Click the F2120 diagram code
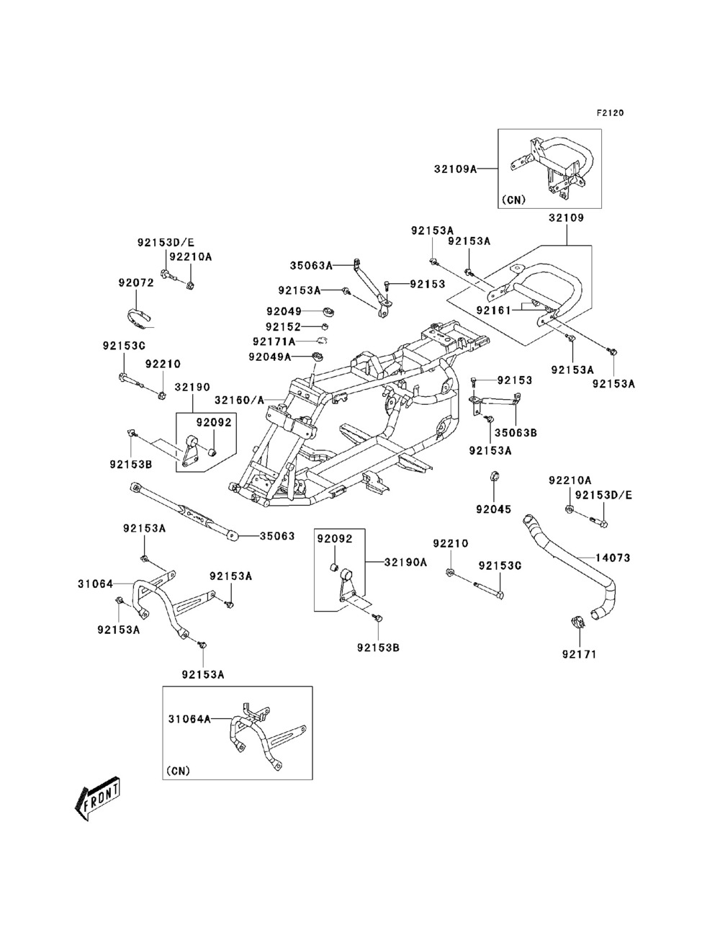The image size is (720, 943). (x=610, y=113)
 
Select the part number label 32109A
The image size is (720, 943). (x=455, y=169)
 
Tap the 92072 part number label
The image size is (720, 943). (x=136, y=283)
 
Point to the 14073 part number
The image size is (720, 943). (x=613, y=558)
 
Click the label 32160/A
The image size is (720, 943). (x=239, y=398)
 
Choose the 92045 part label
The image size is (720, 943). (x=493, y=510)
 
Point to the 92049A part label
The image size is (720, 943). (x=269, y=357)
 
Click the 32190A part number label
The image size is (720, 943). (x=405, y=562)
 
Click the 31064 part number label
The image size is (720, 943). (x=96, y=584)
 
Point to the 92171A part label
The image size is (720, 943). (x=274, y=341)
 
